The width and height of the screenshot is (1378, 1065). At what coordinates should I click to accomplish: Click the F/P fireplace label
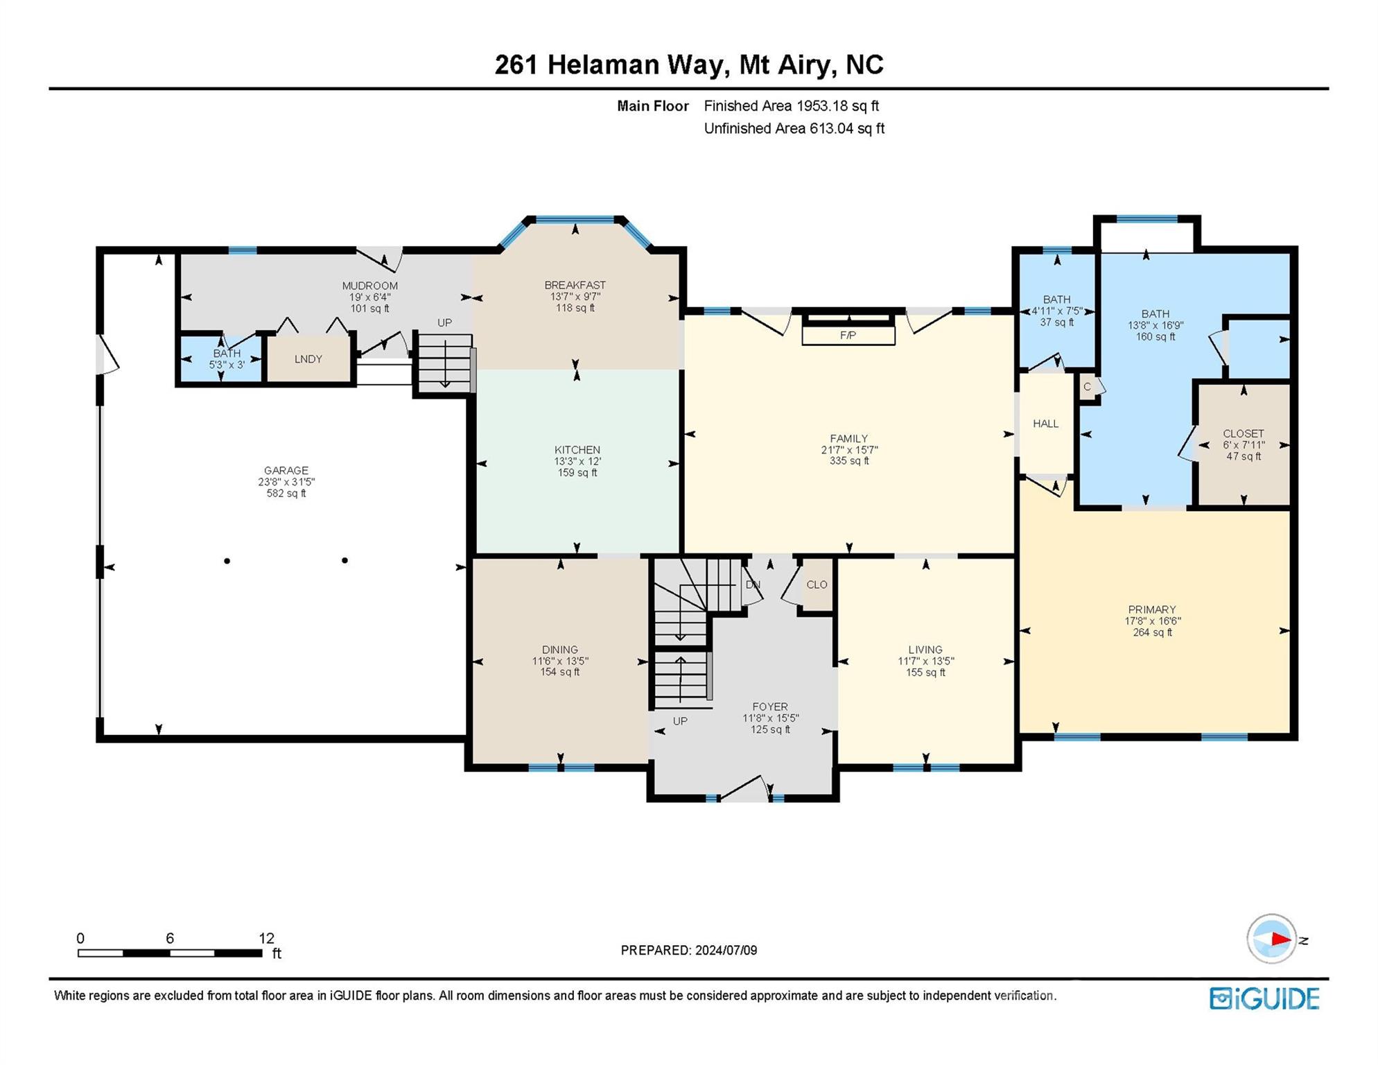[848, 335]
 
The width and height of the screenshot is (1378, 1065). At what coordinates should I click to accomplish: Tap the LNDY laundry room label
[308, 358]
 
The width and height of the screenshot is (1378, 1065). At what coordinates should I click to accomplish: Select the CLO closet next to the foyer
[817, 585]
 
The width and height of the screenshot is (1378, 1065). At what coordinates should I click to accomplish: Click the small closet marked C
[1087, 387]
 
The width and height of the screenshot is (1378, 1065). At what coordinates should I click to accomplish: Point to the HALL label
[1045, 424]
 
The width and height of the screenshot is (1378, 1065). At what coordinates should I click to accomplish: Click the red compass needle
[1280, 940]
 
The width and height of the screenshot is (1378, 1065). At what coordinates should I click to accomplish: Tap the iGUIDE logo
[1264, 998]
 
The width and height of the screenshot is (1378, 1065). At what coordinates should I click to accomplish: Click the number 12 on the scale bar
[266, 938]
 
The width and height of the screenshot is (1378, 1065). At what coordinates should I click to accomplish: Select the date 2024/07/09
[724, 950]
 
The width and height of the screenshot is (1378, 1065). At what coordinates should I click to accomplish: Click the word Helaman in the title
[603, 64]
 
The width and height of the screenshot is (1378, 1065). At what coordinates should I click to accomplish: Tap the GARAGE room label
[286, 470]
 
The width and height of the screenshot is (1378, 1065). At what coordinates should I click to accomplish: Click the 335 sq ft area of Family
[849, 460]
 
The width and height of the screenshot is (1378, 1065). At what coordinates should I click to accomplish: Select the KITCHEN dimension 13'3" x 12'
[577, 461]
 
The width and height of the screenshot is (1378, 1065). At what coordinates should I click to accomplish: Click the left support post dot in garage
[227, 560]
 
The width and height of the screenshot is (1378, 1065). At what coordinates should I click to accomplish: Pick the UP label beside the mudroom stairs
[444, 322]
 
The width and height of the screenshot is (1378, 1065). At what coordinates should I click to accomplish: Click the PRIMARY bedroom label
[1151, 609]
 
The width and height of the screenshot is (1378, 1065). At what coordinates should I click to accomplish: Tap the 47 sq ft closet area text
[1244, 456]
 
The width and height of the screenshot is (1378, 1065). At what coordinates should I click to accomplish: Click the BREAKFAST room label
[575, 285]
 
